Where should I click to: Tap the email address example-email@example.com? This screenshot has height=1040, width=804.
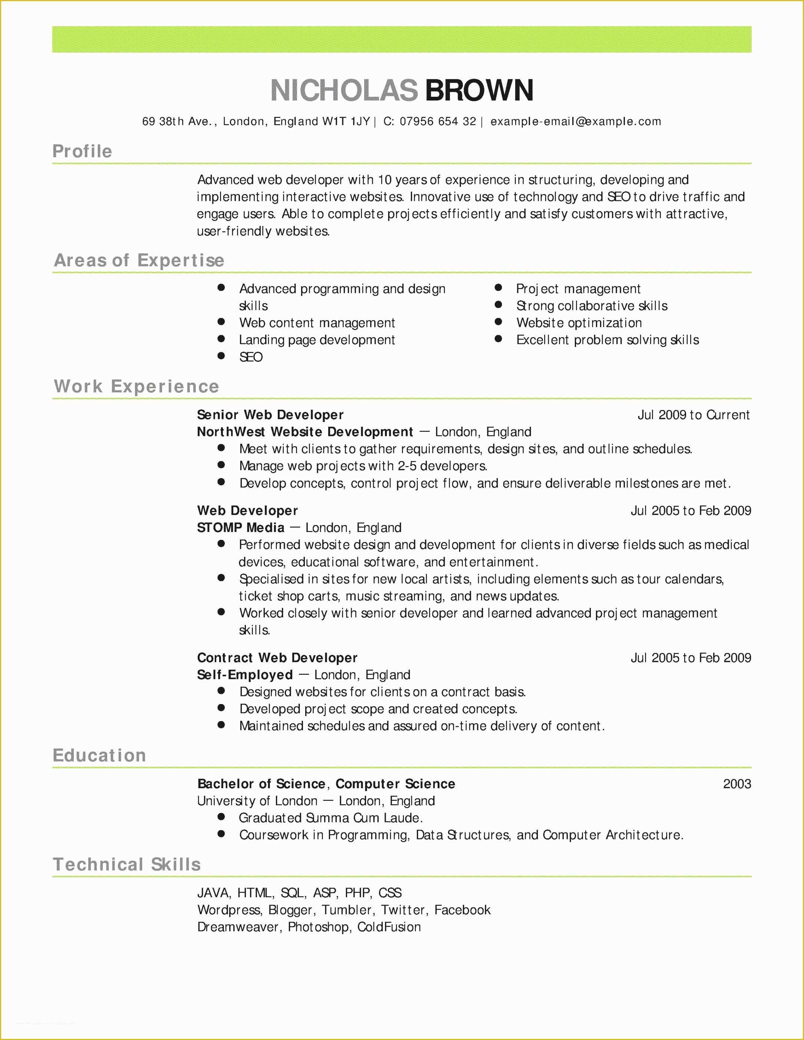(576, 122)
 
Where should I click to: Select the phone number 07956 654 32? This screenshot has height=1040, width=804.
(437, 122)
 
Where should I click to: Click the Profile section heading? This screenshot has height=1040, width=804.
(82, 151)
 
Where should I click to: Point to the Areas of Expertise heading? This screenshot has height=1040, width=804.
(139, 260)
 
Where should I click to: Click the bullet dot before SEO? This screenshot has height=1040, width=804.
(221, 356)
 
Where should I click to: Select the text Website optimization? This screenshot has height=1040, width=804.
(579, 323)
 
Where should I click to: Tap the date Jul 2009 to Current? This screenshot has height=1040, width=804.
(693, 415)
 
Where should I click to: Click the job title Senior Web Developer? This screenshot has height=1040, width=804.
(270, 415)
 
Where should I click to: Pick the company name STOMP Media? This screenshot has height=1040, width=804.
(241, 528)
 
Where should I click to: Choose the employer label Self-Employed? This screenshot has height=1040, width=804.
(245, 675)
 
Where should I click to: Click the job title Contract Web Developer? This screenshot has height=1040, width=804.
(277, 658)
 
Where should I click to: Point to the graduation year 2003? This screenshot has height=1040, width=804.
(737, 784)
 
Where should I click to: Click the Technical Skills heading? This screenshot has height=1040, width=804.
(127, 864)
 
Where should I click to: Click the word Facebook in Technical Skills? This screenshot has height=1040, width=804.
(462, 910)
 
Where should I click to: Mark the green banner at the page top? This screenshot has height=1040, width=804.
(402, 40)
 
